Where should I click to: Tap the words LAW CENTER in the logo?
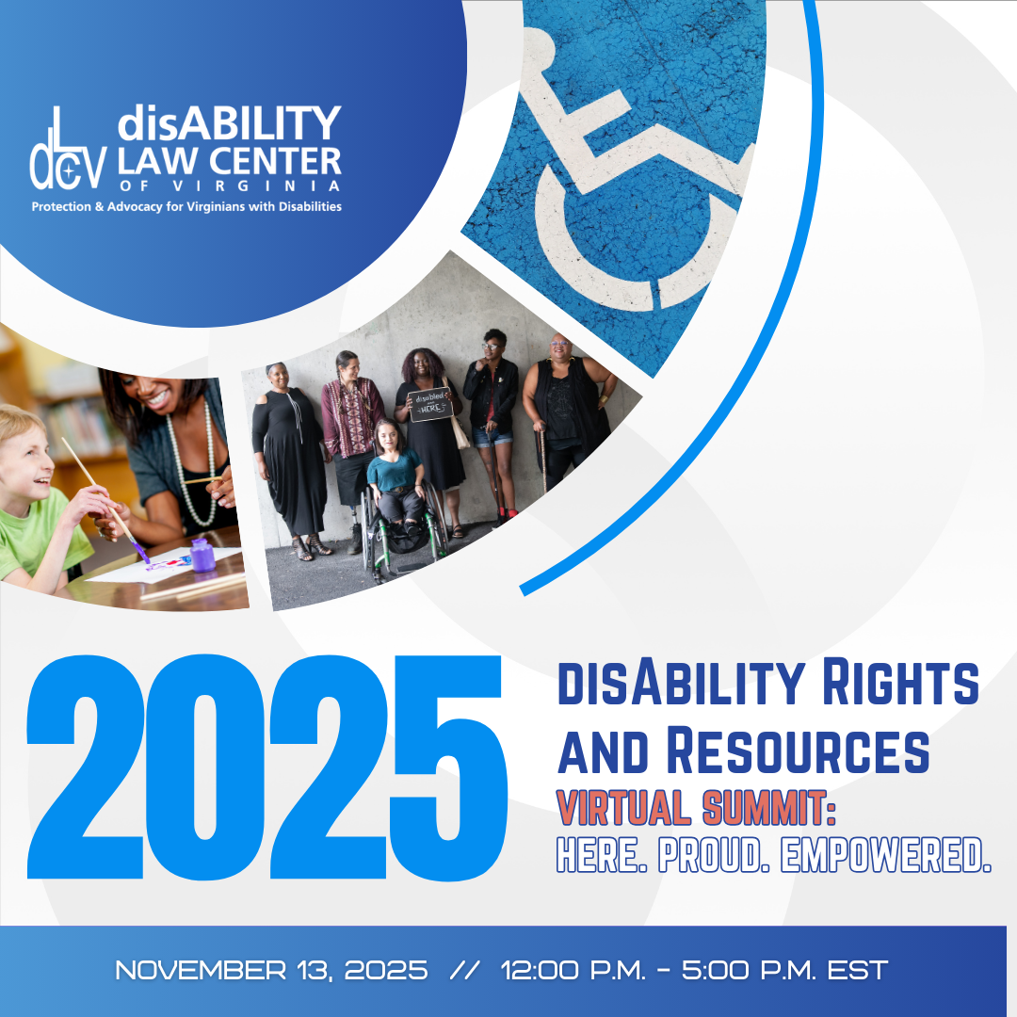tap(230, 161)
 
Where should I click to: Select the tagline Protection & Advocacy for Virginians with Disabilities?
tap(186, 206)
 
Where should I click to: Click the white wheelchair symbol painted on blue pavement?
tap(621, 179)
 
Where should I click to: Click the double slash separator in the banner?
tap(463, 970)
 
